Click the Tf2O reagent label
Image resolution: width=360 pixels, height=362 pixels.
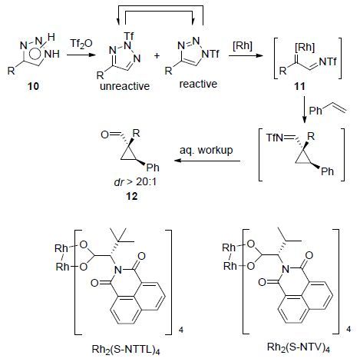[x=81, y=43]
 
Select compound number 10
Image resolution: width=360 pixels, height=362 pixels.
[x=33, y=86]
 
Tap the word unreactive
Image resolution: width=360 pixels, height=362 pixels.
[x=125, y=86]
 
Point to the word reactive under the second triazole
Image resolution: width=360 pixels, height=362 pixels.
[x=198, y=84]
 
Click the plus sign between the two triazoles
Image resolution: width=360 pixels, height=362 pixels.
[x=157, y=55]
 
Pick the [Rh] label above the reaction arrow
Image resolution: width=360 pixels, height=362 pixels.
[x=243, y=46]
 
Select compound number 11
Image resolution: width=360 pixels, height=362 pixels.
[x=299, y=86]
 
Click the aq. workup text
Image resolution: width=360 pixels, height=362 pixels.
[x=206, y=150]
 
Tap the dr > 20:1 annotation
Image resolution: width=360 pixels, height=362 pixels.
[x=135, y=182]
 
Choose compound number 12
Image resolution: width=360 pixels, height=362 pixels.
[x=132, y=196]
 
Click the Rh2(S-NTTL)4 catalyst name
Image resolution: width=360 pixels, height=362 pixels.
[x=126, y=350]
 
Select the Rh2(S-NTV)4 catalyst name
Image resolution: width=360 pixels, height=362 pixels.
[x=299, y=347]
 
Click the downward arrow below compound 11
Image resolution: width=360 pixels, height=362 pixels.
[x=304, y=110]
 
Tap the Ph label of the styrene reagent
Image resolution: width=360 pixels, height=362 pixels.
[x=315, y=111]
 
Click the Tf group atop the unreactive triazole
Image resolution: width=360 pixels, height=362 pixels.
[x=129, y=35]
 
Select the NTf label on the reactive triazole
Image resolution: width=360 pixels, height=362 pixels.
[x=210, y=54]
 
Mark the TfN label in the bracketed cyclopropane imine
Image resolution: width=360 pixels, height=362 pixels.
[x=275, y=138]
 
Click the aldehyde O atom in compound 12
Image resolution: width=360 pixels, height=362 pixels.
[x=104, y=135]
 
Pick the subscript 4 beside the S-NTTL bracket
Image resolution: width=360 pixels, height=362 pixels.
[x=181, y=330]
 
